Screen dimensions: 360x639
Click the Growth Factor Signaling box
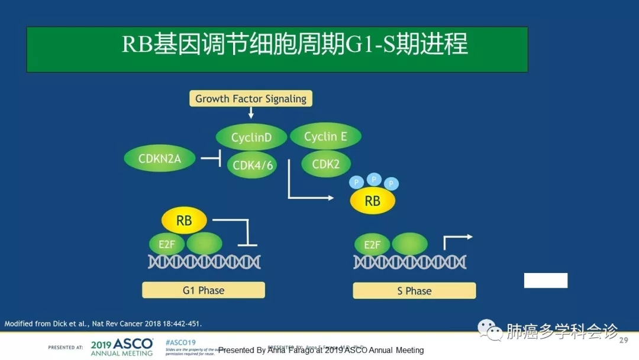[x=251, y=99]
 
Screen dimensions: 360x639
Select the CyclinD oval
[x=251, y=137]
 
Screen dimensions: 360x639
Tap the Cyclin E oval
[x=325, y=137]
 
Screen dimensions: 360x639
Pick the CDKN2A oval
[x=160, y=159]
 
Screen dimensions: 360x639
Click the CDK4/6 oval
[x=253, y=165]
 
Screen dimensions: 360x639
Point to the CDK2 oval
[x=325, y=164]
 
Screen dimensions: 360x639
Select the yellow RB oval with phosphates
[x=372, y=201]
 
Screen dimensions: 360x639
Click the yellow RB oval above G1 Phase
[x=184, y=221]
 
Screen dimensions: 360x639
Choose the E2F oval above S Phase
[x=372, y=244]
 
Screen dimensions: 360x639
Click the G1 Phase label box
[x=203, y=290]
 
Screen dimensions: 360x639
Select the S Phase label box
[x=414, y=291]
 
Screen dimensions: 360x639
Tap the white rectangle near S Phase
[x=546, y=281]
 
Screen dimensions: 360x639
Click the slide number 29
[x=623, y=340]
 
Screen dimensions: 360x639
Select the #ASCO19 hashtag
[x=180, y=343]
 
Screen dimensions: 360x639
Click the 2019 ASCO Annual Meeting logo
[x=122, y=347]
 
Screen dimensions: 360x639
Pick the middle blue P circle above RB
[x=373, y=179]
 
